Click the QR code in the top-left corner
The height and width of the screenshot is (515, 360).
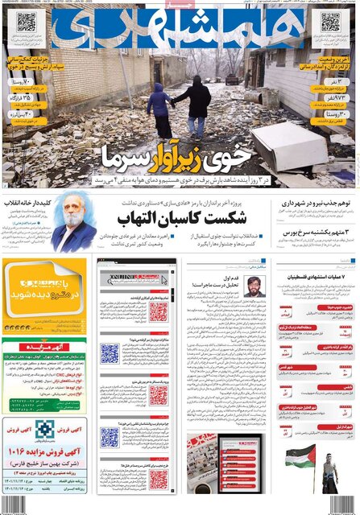[x=27, y=21]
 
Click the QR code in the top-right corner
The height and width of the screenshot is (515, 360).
[x=331, y=22]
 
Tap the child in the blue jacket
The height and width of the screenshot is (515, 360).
[x=159, y=109]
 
